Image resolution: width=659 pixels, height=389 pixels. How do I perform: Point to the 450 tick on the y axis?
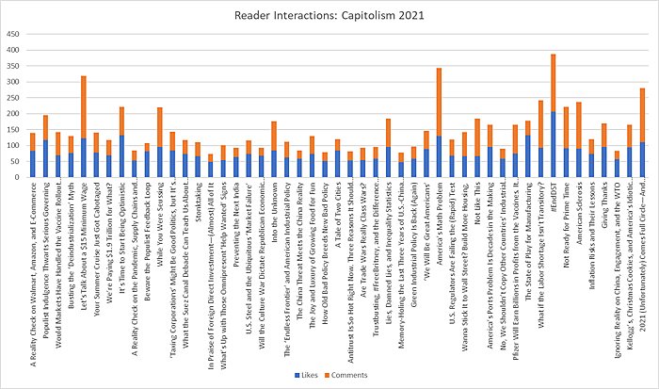point(13,34)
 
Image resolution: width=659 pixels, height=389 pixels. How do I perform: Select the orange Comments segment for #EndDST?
point(554,83)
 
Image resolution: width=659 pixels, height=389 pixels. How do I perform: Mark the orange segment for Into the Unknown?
point(274,136)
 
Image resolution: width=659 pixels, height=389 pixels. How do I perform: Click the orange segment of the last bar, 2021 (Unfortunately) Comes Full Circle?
point(642,115)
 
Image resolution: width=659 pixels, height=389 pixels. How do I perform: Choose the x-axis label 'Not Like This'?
point(477,203)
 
